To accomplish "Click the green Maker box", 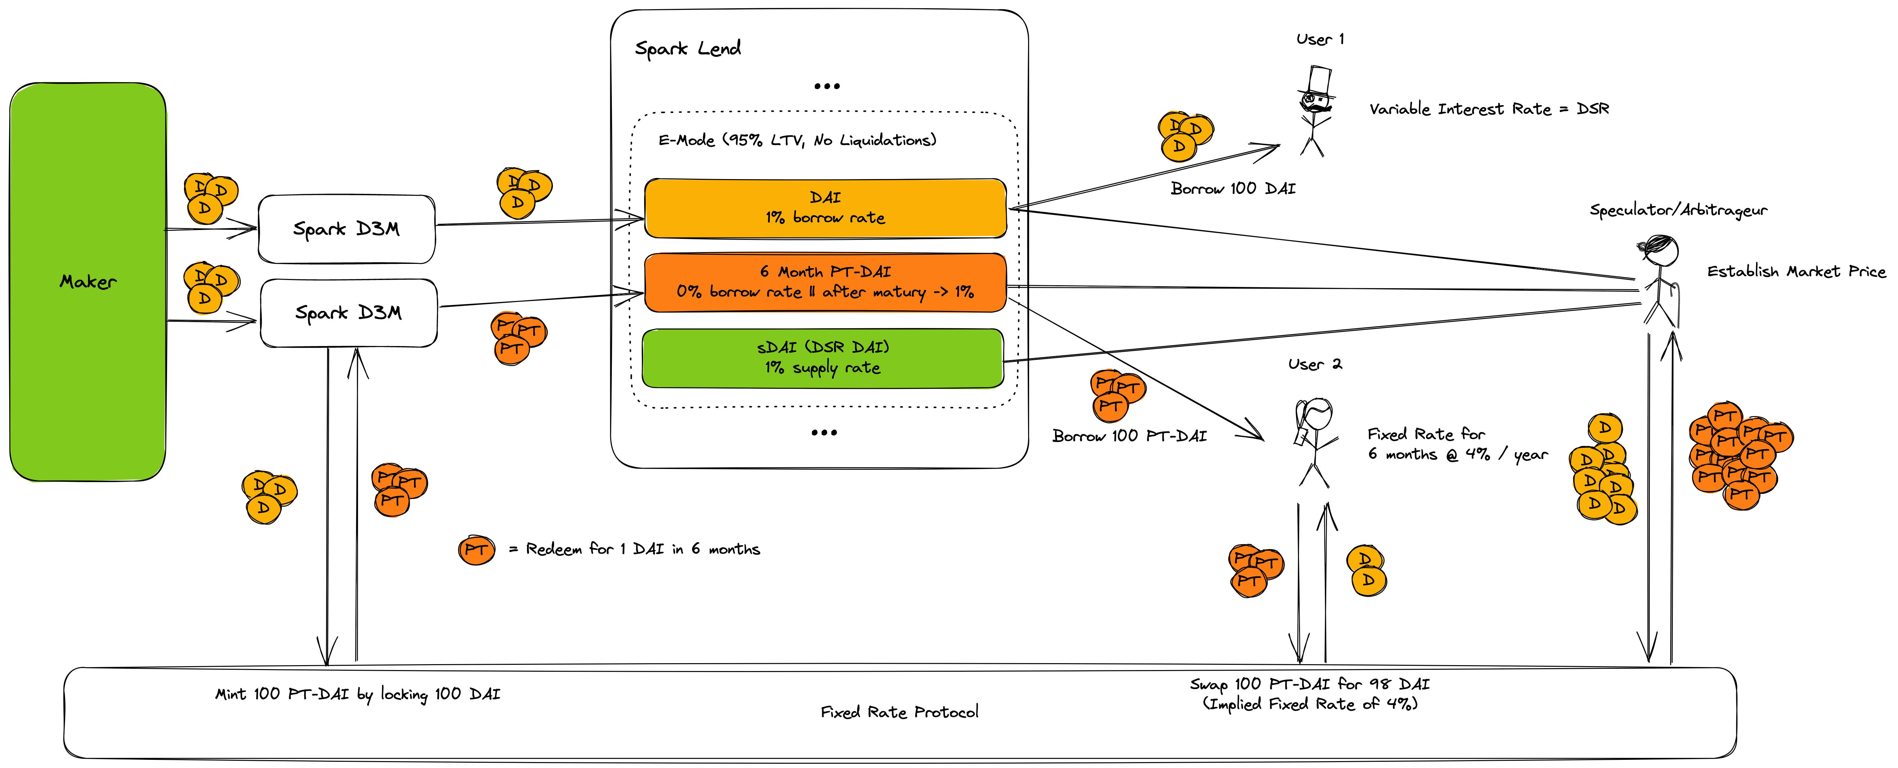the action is click(x=88, y=282).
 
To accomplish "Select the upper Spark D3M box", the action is click(x=346, y=229).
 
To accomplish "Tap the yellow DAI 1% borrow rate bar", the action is click(x=825, y=208).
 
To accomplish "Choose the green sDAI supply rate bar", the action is click(x=823, y=358).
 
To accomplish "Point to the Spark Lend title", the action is click(x=687, y=49).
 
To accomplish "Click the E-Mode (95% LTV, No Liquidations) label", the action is click(x=797, y=140).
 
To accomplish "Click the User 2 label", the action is click(x=1315, y=364).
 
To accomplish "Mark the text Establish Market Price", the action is click(x=1796, y=272).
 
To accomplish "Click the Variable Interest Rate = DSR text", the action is click(x=1489, y=109).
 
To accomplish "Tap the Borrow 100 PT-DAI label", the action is click(x=1130, y=436).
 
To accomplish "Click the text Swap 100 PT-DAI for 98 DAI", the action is click(x=1310, y=684).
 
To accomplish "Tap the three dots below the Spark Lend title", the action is click(x=827, y=86).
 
